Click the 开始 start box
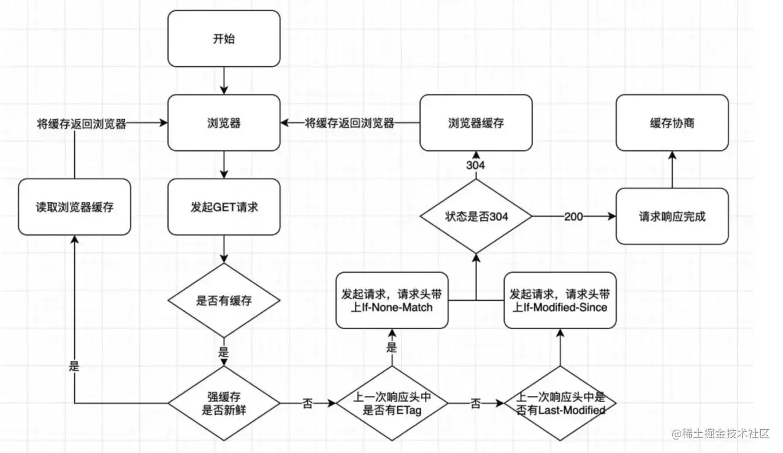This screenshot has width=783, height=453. (x=224, y=39)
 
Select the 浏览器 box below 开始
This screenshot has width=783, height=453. (x=224, y=123)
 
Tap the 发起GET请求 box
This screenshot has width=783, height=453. (x=224, y=207)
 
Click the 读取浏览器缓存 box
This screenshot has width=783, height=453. (x=74, y=207)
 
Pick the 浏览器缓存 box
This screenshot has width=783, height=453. (x=476, y=123)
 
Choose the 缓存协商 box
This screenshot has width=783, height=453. (x=672, y=123)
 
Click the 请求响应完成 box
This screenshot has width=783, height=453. (x=672, y=217)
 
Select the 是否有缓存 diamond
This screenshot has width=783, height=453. (x=224, y=301)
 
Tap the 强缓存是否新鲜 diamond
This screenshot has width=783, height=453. (x=224, y=403)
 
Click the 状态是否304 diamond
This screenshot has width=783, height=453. (x=476, y=217)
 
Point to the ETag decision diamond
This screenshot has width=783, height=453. (x=392, y=403)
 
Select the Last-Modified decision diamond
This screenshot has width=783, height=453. (x=560, y=403)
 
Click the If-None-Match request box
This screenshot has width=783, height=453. (x=392, y=301)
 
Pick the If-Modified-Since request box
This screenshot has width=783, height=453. (x=560, y=301)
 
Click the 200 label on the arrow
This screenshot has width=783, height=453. (x=573, y=217)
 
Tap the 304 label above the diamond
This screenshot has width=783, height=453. (x=476, y=165)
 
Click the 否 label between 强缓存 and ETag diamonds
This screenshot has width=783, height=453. (x=307, y=404)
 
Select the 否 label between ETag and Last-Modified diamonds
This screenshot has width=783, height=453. (x=475, y=404)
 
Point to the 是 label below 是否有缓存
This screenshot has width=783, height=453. (x=224, y=352)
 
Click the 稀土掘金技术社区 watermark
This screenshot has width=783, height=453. (x=721, y=434)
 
